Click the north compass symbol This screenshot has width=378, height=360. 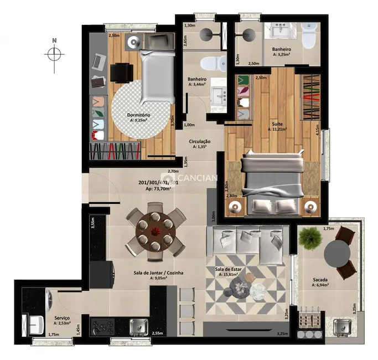[54, 54]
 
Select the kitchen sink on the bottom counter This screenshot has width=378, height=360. [138, 327]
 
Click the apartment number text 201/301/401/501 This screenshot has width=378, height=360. [158, 182]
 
